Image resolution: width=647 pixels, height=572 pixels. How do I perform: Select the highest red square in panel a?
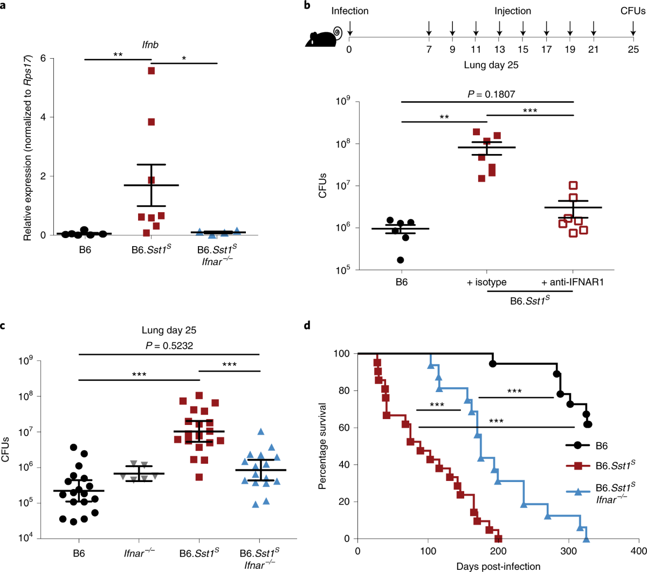tap(152, 71)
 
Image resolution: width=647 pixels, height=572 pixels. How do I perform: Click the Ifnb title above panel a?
tap(150, 45)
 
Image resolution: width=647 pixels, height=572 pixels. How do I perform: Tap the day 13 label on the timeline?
tap(500, 50)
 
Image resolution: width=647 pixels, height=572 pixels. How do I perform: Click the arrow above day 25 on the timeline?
tap(633, 29)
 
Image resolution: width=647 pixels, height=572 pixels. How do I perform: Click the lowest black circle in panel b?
tap(401, 260)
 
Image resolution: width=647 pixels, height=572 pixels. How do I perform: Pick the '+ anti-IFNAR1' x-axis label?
tap(573, 282)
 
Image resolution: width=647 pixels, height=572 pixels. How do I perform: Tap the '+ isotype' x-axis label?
tap(487, 282)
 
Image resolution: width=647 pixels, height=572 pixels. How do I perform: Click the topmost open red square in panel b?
tap(573, 185)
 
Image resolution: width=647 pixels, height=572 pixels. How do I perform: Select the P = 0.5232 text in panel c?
tap(169, 346)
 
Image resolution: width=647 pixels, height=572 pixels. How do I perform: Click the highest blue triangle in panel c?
tap(261, 431)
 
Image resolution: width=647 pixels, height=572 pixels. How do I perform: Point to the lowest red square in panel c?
tap(199, 477)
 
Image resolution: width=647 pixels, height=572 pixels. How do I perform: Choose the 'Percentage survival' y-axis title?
tap(322, 445)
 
